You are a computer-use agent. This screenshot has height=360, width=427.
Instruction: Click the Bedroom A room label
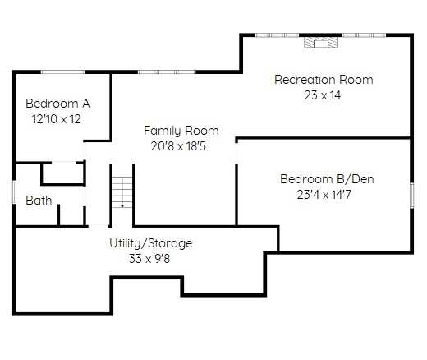57,104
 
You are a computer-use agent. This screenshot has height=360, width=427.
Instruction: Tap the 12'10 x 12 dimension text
57,119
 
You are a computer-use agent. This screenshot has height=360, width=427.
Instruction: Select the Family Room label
181,131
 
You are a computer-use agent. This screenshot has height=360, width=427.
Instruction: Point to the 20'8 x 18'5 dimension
178,146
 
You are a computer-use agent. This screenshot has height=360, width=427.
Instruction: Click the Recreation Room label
324,80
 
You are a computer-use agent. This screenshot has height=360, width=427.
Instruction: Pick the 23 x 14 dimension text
323,95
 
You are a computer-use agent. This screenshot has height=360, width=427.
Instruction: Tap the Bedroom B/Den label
327,179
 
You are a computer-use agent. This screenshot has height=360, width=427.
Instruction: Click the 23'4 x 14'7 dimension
324,195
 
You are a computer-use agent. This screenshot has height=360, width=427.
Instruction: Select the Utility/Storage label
151,243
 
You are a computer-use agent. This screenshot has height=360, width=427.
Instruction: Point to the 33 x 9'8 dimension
149,259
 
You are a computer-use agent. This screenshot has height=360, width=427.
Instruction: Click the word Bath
39,201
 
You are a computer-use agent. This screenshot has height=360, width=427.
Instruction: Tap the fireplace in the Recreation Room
321,42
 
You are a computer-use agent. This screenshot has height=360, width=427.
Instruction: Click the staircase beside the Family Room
122,192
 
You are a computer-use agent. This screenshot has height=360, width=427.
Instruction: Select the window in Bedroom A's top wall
62,72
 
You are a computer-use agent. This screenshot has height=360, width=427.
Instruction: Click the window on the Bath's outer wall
14,192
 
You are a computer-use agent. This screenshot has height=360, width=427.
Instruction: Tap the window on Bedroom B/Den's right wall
411,196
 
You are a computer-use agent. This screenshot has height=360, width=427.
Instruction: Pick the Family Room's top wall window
167,72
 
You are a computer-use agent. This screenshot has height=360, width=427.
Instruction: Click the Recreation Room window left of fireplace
277,35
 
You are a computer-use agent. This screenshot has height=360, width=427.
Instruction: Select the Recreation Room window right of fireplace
364,35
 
